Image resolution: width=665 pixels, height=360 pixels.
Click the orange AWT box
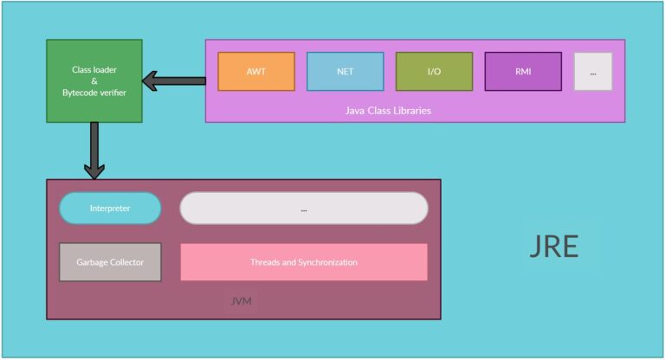click(256, 71)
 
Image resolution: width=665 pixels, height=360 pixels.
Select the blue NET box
click(345, 71)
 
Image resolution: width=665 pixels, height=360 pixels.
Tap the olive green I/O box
click(434, 71)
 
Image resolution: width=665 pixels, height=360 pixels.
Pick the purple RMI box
click(522, 71)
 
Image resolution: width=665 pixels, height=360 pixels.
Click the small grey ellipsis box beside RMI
click(592, 72)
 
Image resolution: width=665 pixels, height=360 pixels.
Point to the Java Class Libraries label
click(388, 111)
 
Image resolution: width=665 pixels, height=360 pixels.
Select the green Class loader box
click(94, 80)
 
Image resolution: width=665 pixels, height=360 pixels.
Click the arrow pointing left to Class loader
click(173, 80)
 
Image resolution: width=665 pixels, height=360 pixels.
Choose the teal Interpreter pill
click(110, 209)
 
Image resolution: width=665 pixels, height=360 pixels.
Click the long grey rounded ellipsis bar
click(304, 209)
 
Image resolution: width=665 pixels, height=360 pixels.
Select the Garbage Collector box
click(110, 261)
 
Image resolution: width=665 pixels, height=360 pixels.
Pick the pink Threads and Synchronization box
click(304, 261)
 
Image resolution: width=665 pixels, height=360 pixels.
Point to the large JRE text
click(553, 247)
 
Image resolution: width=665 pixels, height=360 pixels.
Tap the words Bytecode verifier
click(94, 92)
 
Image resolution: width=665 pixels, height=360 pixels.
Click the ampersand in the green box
click(94, 80)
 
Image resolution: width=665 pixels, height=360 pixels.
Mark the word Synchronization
click(327, 261)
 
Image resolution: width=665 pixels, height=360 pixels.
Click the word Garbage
click(92, 261)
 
